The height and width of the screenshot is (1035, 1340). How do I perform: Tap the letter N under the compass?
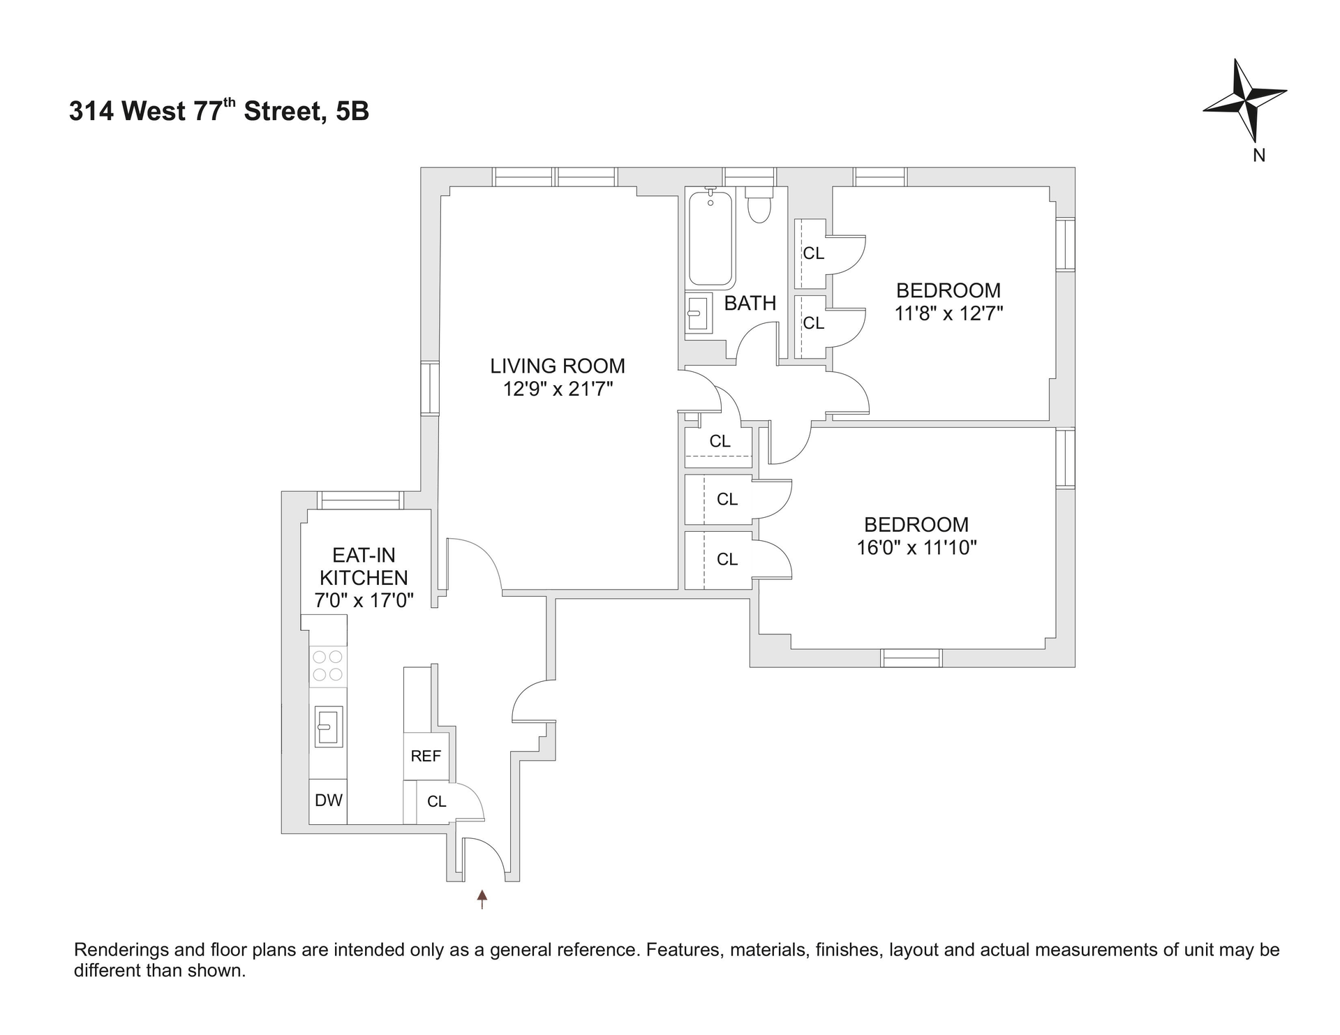(x=1259, y=156)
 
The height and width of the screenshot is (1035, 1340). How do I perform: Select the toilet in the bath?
(x=758, y=205)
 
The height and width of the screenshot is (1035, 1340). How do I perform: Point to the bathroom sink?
(x=697, y=313)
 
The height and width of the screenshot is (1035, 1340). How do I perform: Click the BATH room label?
(x=750, y=304)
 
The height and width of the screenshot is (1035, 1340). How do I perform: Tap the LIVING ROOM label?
(x=558, y=366)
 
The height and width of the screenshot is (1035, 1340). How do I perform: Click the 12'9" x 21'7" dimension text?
(x=558, y=389)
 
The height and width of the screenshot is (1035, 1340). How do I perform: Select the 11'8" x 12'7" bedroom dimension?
(x=948, y=313)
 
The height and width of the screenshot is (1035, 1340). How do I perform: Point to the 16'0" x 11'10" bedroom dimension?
(x=916, y=548)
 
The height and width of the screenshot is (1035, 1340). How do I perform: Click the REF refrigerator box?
(x=426, y=756)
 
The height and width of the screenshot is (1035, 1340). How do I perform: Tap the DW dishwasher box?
(x=328, y=801)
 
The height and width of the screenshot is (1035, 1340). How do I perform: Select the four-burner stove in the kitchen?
(x=328, y=665)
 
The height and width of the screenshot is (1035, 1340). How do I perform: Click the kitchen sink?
(x=328, y=727)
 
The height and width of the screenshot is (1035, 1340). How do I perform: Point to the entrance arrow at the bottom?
(x=482, y=899)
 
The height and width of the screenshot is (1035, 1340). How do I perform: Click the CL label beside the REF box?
(x=437, y=802)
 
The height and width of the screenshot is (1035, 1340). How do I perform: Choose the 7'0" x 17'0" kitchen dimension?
(x=364, y=600)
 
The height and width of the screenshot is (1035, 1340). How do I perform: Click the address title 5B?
(x=352, y=112)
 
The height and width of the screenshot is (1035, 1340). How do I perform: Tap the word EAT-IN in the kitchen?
(x=364, y=556)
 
